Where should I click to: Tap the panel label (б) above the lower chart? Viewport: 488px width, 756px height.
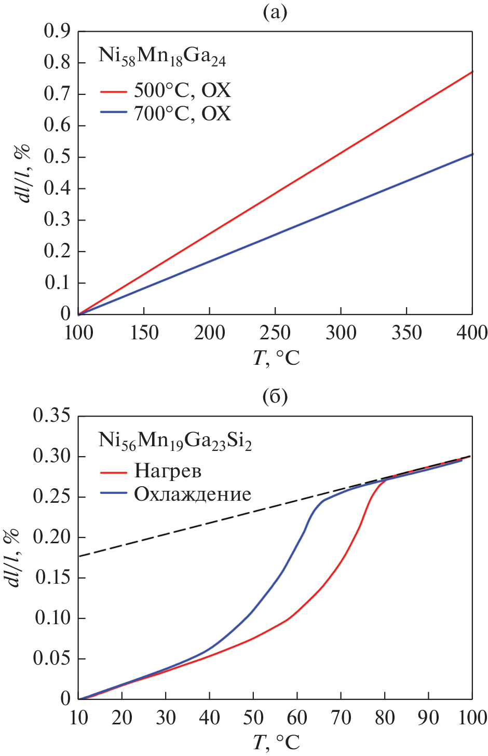coord(275,397)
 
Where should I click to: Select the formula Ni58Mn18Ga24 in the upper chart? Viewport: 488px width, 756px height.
coord(162,57)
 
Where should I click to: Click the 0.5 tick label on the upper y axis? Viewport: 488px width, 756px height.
coord(58,157)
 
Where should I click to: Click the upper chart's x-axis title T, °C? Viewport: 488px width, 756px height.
coord(276,358)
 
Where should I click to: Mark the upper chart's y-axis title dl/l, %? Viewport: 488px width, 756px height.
coord(22,174)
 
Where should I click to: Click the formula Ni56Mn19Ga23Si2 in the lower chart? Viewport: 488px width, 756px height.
coord(175,441)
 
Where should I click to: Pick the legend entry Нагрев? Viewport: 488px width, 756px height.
coord(168,471)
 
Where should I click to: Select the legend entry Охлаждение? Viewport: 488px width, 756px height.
coord(193,494)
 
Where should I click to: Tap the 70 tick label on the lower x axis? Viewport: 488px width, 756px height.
coord(341,718)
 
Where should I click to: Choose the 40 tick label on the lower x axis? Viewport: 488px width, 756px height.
coord(209,718)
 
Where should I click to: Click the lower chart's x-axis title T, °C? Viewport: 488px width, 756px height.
coord(276,743)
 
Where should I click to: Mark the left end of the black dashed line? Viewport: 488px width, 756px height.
coord(79,556)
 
